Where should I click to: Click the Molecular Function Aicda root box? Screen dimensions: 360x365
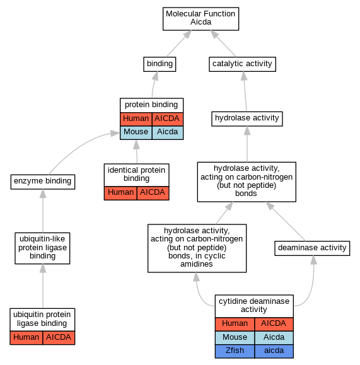click(x=200, y=19)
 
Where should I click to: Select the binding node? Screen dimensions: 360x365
click(x=160, y=64)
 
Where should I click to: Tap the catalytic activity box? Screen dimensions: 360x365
click(x=242, y=64)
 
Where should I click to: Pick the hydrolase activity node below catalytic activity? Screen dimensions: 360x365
click(x=247, y=119)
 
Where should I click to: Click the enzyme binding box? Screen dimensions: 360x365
click(x=43, y=182)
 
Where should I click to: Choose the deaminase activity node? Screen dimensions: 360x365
click(x=312, y=248)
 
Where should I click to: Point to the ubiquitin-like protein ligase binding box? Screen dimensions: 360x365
click(x=42, y=248)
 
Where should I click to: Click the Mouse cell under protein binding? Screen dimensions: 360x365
click(x=136, y=133)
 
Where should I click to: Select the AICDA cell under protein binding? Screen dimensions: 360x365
click(x=168, y=119)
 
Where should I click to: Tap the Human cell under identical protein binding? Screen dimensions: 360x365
click(x=120, y=193)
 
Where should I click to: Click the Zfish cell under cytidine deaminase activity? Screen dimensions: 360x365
click(x=235, y=351)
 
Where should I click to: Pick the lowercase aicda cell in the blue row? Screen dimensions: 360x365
click(x=274, y=351)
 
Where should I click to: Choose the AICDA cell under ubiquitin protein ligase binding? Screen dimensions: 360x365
click(x=59, y=337)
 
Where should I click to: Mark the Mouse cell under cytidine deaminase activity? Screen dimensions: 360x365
click(x=235, y=337)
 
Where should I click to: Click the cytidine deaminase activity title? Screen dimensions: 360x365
click(x=254, y=306)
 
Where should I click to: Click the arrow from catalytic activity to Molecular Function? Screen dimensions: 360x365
click(x=223, y=43)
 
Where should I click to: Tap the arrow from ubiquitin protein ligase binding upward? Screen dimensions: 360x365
click(x=43, y=286)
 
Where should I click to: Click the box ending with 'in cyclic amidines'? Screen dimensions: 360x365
click(x=197, y=248)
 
